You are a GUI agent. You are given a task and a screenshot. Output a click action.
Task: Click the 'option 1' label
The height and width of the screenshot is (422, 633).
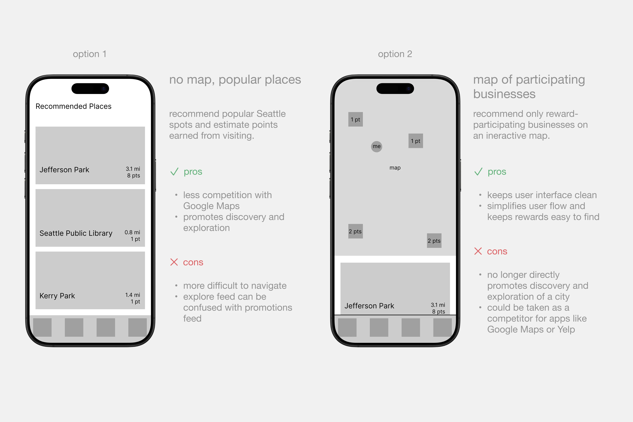(x=90, y=54)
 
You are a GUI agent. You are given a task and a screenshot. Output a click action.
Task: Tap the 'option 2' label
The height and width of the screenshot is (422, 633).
(x=395, y=54)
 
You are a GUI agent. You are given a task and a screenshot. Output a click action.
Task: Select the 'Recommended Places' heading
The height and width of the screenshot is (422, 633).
(x=73, y=106)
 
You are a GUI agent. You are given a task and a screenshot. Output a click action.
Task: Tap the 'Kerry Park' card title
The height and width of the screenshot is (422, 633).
(x=57, y=296)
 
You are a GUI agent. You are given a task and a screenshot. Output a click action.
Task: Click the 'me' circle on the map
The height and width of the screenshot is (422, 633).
(x=377, y=146)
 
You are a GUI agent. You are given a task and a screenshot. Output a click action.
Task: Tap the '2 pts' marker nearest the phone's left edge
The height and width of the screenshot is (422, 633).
(x=356, y=231)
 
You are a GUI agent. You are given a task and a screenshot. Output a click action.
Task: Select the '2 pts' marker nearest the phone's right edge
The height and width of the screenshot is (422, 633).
(x=434, y=241)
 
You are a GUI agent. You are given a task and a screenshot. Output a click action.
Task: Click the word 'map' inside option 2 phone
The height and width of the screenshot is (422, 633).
(x=395, y=168)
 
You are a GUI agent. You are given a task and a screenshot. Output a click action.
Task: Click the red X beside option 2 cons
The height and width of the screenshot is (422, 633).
(x=478, y=251)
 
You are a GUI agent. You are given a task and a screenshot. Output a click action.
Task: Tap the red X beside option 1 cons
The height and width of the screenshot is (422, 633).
(x=174, y=262)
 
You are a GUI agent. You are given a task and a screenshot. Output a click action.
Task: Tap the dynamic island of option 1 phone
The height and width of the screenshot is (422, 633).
(x=90, y=89)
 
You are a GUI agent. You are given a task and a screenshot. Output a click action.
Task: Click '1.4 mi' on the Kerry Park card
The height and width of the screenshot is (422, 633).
(x=133, y=295)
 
